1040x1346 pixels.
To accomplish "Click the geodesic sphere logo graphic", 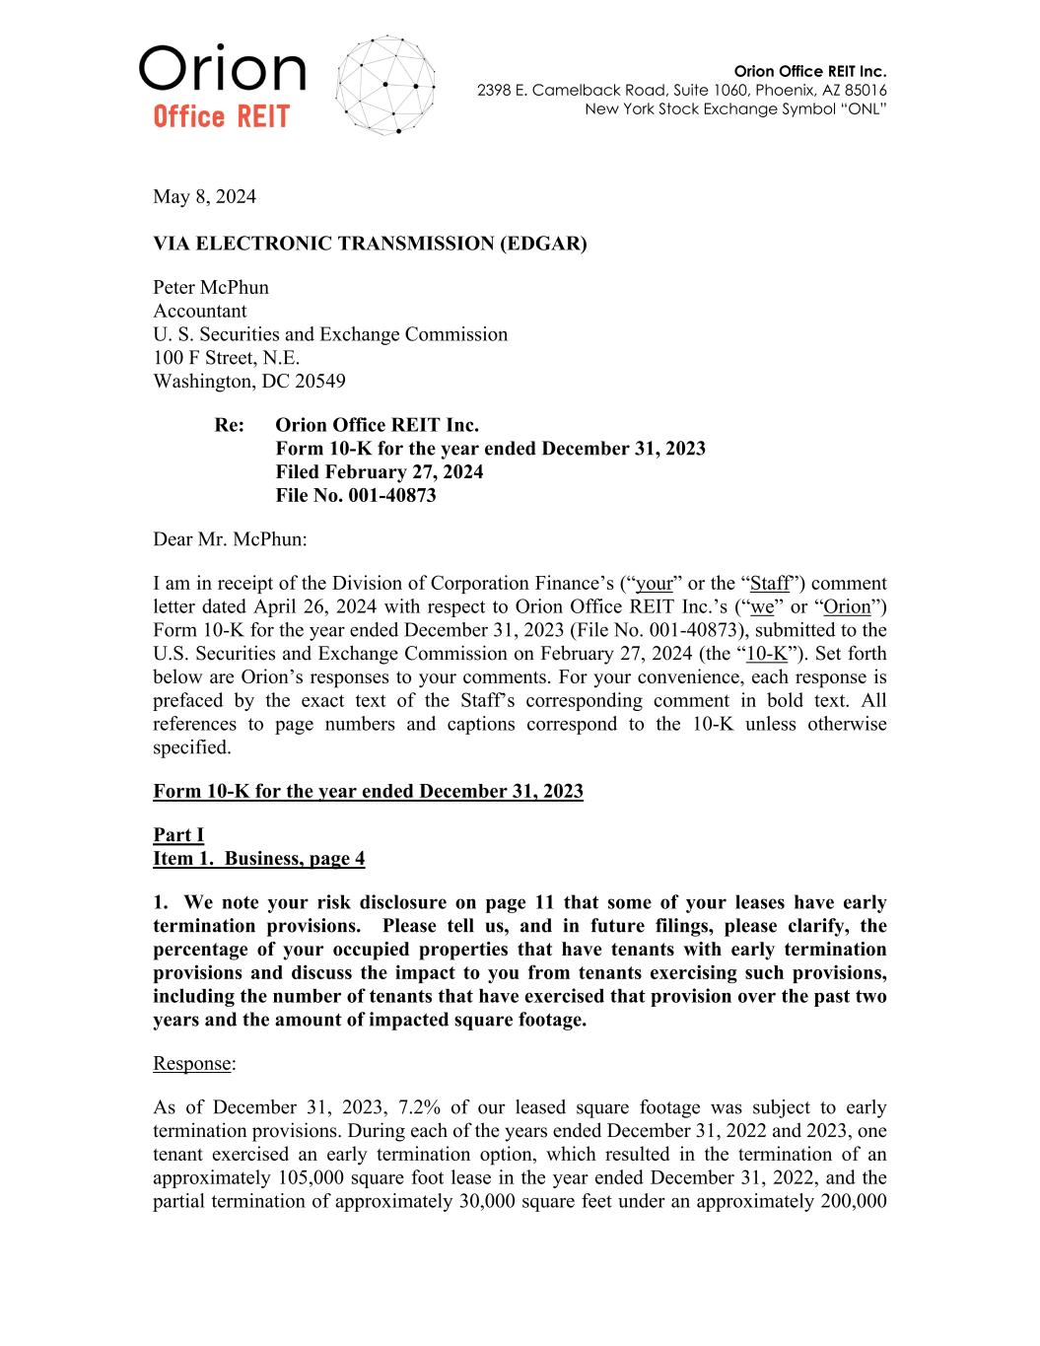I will tap(385, 86).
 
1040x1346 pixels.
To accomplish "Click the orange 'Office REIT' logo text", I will tap(221, 118).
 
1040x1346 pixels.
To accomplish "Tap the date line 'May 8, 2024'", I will tap(204, 196).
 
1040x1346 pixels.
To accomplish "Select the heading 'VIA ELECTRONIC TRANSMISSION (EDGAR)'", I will tap(370, 243).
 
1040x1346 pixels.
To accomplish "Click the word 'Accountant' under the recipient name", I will tap(200, 311).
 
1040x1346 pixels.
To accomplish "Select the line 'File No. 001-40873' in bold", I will tap(356, 495).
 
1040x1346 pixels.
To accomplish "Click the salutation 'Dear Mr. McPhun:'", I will tap(230, 539).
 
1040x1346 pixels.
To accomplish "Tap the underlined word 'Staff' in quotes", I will tap(770, 584).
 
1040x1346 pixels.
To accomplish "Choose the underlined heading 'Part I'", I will tap(178, 835).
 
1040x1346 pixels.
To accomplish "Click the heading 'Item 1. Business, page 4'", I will tap(259, 858).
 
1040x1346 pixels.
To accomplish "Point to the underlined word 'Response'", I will tap(192, 1063).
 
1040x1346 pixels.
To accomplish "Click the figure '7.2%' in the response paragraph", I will tap(420, 1107).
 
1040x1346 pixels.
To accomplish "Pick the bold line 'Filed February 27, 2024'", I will tap(380, 471).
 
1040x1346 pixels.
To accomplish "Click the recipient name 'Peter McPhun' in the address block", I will tap(211, 288).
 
